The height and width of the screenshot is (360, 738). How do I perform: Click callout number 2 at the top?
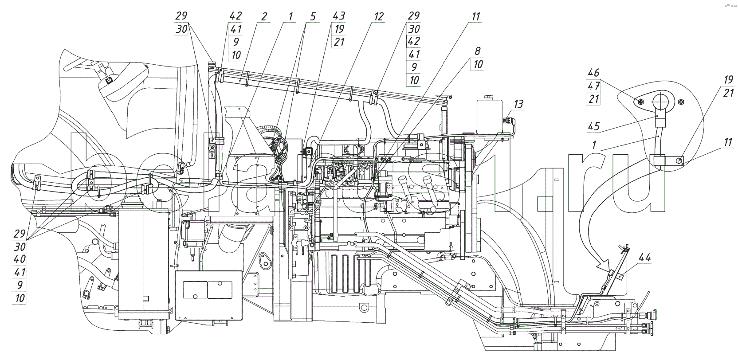click(264, 17)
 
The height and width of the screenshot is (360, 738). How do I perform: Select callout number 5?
click(313, 17)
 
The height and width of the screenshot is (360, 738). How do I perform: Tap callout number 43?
click(339, 16)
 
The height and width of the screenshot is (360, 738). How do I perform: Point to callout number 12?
click(378, 17)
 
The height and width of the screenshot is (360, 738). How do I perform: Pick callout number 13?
click(518, 104)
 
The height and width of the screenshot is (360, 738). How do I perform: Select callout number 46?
click(594, 73)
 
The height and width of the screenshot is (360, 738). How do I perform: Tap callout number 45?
click(594, 126)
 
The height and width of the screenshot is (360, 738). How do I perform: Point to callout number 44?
click(645, 257)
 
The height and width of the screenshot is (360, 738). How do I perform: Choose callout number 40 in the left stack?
click(20, 259)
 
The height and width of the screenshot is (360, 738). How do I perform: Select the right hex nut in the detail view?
click(682, 102)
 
